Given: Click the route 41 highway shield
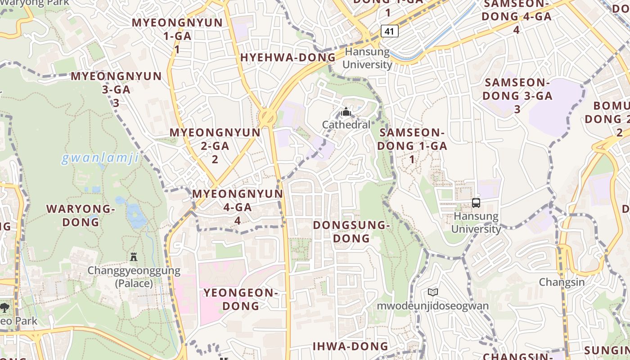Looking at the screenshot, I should point(390,31).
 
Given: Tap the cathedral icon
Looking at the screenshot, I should point(346,112).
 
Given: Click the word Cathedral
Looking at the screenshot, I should point(346,125).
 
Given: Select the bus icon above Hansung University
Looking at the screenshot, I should point(476,203).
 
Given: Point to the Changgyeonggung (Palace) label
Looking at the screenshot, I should point(134,277).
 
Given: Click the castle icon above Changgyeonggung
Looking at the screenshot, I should point(134,257).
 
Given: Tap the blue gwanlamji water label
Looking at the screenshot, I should point(100,158).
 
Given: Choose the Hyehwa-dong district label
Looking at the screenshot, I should point(288,58).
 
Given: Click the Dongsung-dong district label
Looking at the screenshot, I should point(351,231).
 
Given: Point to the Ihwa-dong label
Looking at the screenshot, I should point(351,346).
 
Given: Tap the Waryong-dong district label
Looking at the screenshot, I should point(81,215).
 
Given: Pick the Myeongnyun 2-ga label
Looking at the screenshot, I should point(215,146).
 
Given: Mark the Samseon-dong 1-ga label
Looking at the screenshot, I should point(412,146).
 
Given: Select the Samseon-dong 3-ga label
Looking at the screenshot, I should point(517,95).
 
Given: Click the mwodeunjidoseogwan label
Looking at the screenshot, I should point(433,306).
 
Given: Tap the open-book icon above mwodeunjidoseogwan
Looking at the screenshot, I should point(433,292).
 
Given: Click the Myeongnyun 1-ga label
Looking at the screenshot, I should point(177,36).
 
